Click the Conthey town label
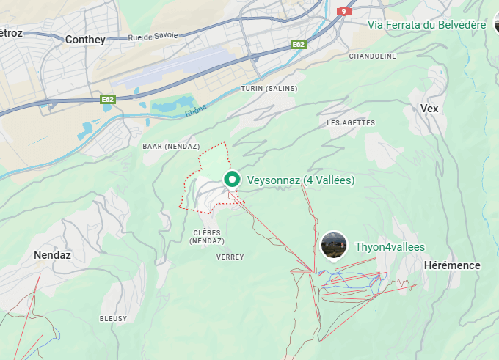85,40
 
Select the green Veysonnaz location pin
232,179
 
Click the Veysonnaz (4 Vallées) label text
301,180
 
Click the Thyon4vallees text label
390,247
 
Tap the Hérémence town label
452,265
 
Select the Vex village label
429,109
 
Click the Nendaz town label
52,255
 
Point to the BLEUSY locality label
113,319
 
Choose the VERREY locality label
230,257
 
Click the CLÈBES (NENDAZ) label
208,237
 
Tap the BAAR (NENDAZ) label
171,146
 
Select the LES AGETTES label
350,123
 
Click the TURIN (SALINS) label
269,89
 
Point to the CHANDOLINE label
372,56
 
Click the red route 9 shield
343,11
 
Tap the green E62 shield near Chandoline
298,45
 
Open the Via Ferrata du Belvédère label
426,25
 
